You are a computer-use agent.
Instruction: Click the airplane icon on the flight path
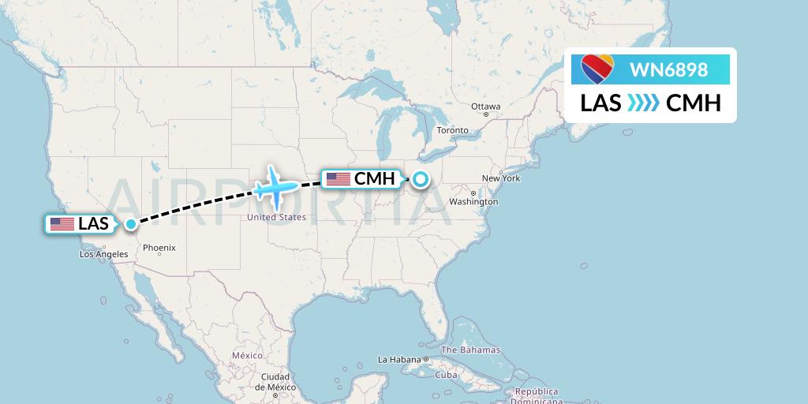275,186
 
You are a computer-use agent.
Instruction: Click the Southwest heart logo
597,69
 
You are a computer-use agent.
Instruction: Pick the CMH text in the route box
694,103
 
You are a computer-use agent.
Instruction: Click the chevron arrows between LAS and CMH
643,103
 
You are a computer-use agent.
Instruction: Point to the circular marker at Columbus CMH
421,179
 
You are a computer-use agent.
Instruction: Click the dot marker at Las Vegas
130,224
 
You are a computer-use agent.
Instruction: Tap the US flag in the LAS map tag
62,224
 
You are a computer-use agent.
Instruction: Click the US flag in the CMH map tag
338,179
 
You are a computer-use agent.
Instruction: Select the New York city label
501,178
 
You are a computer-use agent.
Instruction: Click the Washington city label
473,201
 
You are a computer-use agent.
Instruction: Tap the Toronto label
452,130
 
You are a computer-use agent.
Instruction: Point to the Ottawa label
485,107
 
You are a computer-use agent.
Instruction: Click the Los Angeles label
103,254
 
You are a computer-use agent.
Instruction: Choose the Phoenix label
159,248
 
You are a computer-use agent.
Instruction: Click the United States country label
276,217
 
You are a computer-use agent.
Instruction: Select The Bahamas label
470,350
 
